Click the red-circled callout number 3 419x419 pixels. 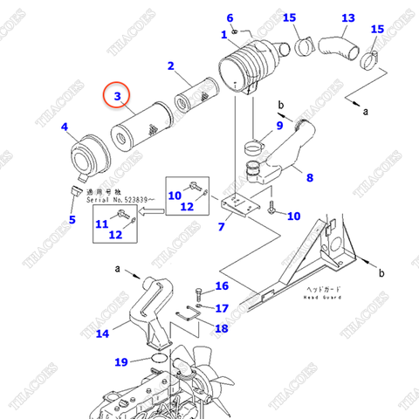point(119,97)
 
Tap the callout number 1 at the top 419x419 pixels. point(223,34)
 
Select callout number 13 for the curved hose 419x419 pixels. point(347,18)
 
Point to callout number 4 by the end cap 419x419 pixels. point(64,127)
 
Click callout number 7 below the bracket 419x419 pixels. point(221,227)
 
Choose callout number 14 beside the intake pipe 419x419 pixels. point(102,333)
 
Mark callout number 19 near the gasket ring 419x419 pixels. point(120,361)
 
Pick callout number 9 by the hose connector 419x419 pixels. point(279,127)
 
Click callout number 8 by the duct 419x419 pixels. point(309,178)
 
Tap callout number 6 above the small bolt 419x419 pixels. point(230,17)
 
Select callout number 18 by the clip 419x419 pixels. point(221,328)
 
